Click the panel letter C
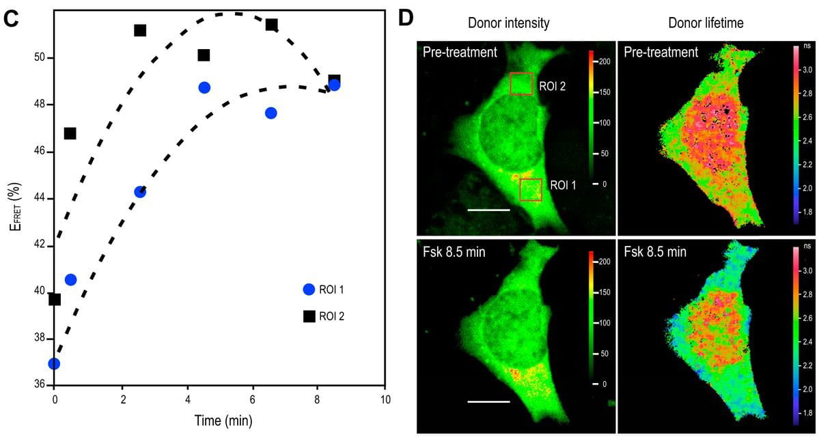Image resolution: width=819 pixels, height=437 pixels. tap(10, 19)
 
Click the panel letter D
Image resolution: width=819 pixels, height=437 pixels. tap(406, 19)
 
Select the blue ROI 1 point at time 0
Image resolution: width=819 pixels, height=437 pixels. tap(54, 363)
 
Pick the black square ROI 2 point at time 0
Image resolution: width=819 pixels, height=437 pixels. tap(55, 299)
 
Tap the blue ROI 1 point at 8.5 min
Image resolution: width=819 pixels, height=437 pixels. tap(334, 85)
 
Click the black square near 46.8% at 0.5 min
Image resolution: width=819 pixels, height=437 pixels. tap(70, 133)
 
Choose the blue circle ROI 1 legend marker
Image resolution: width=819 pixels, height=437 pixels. tap(309, 289)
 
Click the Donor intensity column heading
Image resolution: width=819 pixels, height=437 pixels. tap(508, 23)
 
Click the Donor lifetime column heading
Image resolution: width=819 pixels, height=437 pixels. tap(706, 23)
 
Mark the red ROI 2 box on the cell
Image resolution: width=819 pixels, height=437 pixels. tap(521, 84)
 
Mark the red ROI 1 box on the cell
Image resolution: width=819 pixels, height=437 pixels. tap(531, 190)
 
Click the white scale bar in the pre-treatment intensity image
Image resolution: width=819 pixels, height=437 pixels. tap(489, 210)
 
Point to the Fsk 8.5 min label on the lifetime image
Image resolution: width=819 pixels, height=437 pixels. tap(655, 251)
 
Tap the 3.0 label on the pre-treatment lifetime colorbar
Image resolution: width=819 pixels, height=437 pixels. tap(807, 70)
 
